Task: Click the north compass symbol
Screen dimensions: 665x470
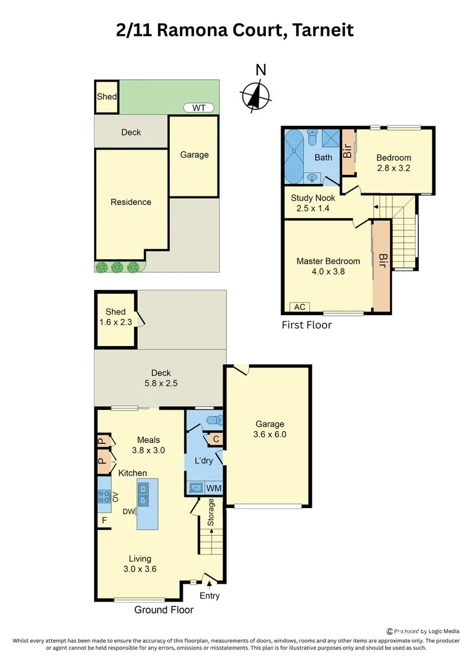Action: (x=256, y=95)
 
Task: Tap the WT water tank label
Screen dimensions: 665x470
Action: (x=199, y=108)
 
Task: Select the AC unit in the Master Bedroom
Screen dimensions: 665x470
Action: (x=300, y=307)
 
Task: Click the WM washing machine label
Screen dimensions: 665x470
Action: (x=213, y=488)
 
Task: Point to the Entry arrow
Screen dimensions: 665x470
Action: (x=209, y=585)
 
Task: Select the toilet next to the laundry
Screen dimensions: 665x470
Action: (x=212, y=420)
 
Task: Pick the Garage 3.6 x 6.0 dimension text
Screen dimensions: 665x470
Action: (x=270, y=434)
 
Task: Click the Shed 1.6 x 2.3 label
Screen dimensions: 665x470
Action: (x=116, y=316)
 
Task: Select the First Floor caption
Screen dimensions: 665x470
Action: (x=306, y=325)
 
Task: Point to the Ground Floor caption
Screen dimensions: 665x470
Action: (x=164, y=610)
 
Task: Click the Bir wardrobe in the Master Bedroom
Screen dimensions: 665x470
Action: (x=382, y=265)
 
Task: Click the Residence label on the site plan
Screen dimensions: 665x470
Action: (x=130, y=202)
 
